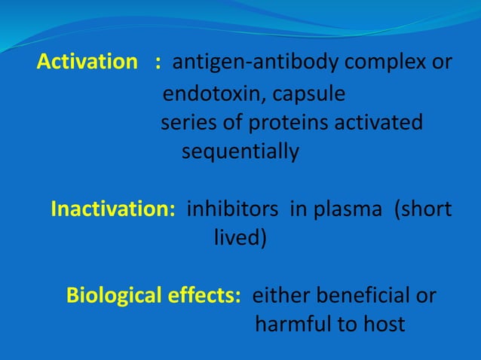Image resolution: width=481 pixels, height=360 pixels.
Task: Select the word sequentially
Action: (x=240, y=151)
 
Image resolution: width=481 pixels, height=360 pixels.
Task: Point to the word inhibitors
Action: (x=234, y=209)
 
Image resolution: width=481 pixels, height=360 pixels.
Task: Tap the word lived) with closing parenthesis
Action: (x=240, y=238)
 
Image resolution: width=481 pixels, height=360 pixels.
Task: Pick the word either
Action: (x=278, y=295)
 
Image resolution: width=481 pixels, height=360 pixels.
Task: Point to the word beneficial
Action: (x=360, y=295)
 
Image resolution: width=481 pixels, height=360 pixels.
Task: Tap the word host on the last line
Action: (x=381, y=325)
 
